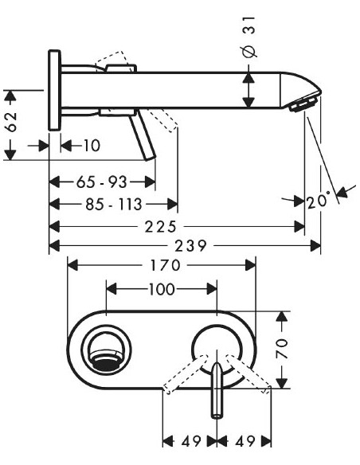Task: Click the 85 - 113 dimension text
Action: coord(113,204)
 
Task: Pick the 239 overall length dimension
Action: coord(186,247)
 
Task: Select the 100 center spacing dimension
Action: coord(162,289)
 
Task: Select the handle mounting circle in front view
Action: coord(216,347)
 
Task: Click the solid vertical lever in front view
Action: coord(216,392)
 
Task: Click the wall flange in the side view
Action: coord(54,89)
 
